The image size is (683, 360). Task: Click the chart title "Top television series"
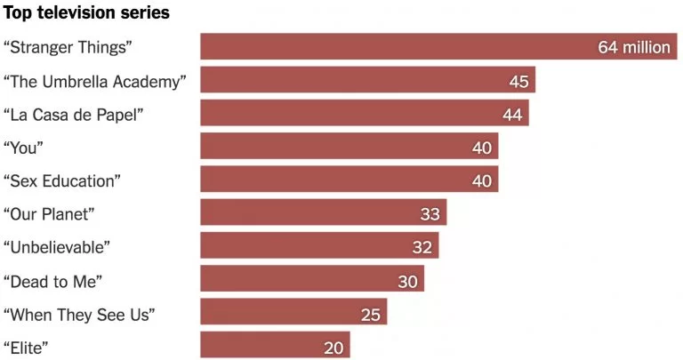(87, 15)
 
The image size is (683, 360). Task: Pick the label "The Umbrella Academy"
(95, 81)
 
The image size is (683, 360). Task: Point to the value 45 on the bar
(518, 81)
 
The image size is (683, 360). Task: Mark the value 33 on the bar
(430, 213)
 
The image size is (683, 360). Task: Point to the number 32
(422, 247)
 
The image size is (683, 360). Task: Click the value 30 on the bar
(407, 280)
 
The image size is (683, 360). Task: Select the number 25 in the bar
(371, 314)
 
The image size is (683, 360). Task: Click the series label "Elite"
(27, 347)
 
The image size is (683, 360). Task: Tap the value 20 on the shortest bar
(333, 347)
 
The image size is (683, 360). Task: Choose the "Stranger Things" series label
(74, 47)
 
